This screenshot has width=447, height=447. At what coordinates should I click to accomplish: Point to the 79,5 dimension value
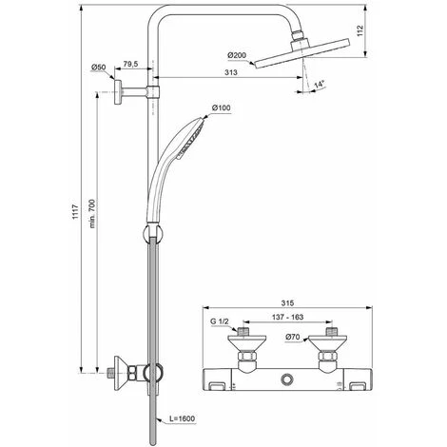tap(131, 65)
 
